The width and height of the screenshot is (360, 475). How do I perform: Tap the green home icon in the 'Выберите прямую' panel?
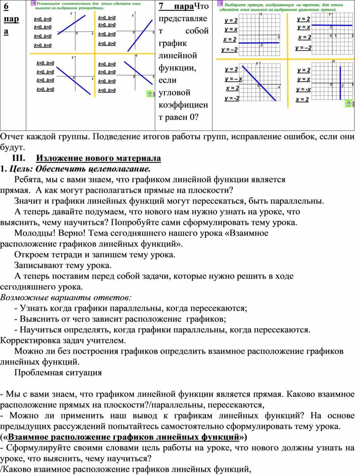348,104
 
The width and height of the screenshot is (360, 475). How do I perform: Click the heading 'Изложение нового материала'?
99,158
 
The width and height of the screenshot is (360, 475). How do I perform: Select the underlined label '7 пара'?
176,6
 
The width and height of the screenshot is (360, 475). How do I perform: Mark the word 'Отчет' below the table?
12,136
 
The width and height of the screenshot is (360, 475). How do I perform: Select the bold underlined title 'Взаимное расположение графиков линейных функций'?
124,438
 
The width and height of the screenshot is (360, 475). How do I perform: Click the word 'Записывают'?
38,266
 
